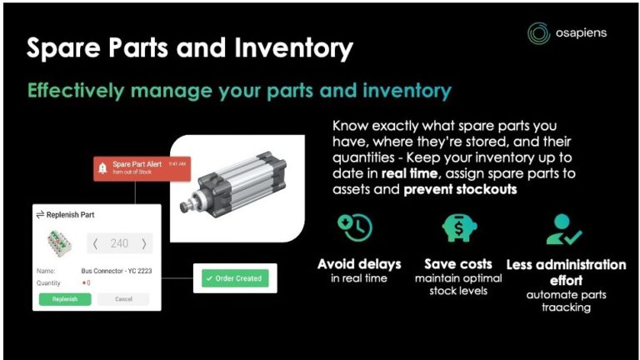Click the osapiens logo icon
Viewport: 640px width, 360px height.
pos(538,32)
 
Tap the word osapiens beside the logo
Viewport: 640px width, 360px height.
pos(581,32)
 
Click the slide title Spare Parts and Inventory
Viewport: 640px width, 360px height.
pos(189,47)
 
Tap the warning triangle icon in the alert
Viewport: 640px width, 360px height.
pos(102,167)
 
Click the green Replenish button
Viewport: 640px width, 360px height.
pos(64,298)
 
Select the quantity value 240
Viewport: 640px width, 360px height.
pos(119,243)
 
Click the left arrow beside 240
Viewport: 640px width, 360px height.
pos(94,243)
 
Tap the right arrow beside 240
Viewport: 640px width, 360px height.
pos(144,243)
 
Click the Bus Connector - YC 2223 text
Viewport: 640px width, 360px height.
pos(116,271)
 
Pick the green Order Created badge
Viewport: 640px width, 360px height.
pos(233,278)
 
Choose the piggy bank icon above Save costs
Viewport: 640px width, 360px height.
pos(459,228)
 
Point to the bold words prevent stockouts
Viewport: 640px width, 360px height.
pos(456,188)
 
